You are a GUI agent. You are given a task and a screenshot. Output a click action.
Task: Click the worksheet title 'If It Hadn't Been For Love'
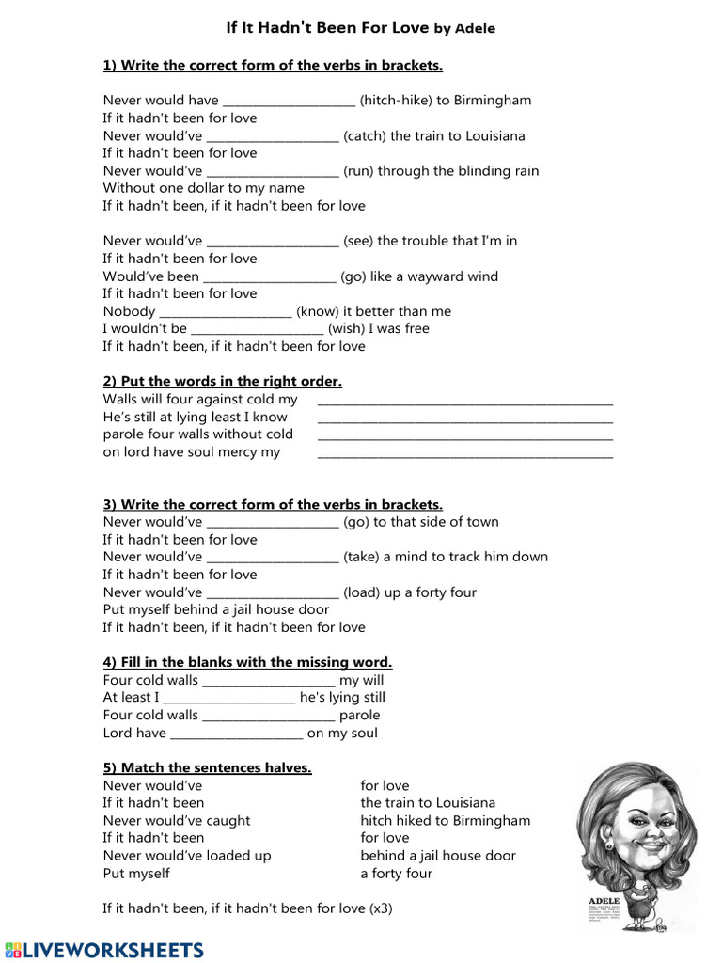click(x=327, y=28)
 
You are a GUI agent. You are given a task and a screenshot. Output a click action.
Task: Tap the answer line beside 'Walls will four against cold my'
click(x=464, y=401)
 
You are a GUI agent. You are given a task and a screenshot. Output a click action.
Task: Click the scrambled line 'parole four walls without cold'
click(x=198, y=434)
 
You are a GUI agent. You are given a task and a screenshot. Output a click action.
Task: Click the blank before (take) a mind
click(x=272, y=557)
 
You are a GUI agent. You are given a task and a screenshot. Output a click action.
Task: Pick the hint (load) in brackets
click(x=362, y=592)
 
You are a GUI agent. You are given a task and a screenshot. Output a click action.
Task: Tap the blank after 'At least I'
click(x=229, y=698)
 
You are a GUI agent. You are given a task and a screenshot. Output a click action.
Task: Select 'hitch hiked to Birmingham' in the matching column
click(x=445, y=820)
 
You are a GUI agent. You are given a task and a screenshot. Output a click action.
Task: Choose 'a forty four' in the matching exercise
click(x=396, y=874)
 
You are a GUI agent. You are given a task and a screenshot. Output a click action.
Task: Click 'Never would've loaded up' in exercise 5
click(x=187, y=856)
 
